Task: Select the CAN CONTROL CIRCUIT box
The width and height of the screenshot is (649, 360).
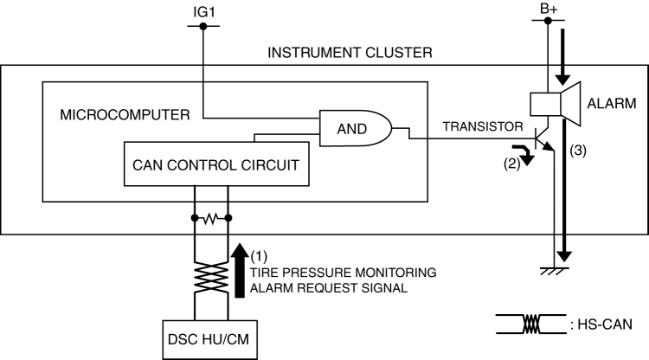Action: pos(216,164)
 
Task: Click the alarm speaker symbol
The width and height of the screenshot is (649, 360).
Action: pos(554,103)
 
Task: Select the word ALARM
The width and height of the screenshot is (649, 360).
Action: pos(611,103)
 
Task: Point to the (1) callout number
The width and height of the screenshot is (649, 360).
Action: pos(259,256)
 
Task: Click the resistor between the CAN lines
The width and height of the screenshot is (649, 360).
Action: pos(211,218)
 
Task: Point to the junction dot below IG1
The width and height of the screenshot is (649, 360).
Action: pos(202,27)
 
